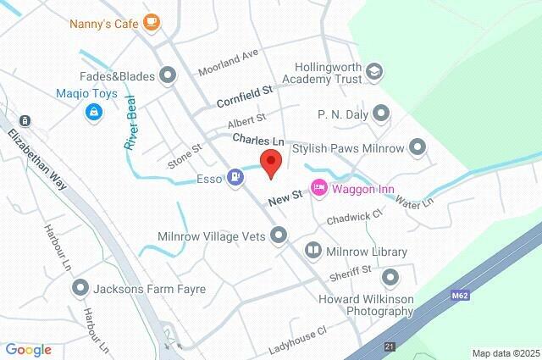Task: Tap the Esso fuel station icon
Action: point(235,178)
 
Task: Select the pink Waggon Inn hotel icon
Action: point(319,187)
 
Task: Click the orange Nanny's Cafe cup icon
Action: point(151,23)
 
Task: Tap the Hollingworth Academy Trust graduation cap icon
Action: point(373,73)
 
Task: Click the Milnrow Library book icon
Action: point(312,251)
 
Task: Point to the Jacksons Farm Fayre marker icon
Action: point(80,288)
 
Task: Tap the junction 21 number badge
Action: point(389,347)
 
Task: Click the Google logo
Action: point(28,350)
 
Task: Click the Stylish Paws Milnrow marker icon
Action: point(417,148)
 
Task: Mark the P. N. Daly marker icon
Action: point(382,112)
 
